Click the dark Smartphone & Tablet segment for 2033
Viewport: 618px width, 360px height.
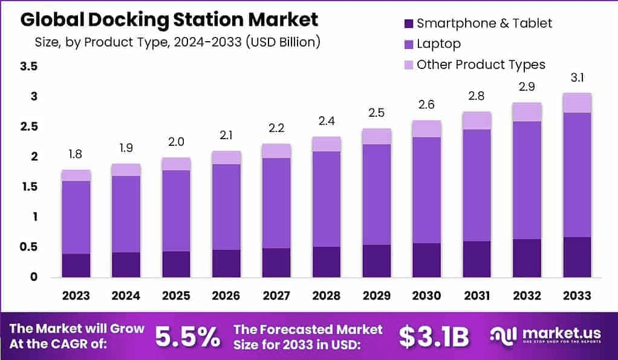click(576, 257)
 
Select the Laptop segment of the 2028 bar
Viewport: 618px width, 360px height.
click(326, 199)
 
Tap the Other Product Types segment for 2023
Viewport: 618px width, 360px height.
click(76, 175)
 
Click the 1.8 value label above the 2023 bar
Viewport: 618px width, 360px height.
click(76, 155)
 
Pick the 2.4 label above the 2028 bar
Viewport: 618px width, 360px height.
click(326, 122)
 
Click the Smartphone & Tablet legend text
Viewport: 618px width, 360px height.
click(484, 24)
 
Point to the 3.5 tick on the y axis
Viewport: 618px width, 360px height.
click(29, 67)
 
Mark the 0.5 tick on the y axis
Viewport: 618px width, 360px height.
click(29, 247)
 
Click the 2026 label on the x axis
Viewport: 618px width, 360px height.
click(226, 296)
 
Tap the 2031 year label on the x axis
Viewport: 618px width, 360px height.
click(477, 296)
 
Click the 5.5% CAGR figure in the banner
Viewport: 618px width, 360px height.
click(187, 337)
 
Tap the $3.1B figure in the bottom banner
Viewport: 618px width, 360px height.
click(434, 337)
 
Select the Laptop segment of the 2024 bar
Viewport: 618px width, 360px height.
click(126, 214)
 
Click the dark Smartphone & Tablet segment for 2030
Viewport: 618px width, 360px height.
click(426, 260)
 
